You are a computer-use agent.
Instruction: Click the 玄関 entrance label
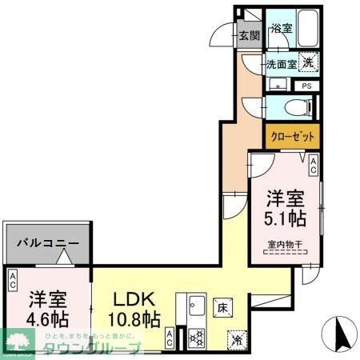point(250,35)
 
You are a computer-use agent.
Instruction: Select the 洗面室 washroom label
point(281,62)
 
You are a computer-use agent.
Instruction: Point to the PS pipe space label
point(306,86)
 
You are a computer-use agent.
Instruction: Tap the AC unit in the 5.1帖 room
point(314,166)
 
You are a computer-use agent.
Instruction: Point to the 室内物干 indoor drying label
point(285,246)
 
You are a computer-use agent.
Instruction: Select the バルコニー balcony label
point(49,242)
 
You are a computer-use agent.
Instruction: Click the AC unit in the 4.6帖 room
point(14,280)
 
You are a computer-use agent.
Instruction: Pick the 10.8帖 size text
point(133,320)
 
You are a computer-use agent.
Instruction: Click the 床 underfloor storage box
point(222,306)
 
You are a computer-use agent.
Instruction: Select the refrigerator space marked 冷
point(235,338)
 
